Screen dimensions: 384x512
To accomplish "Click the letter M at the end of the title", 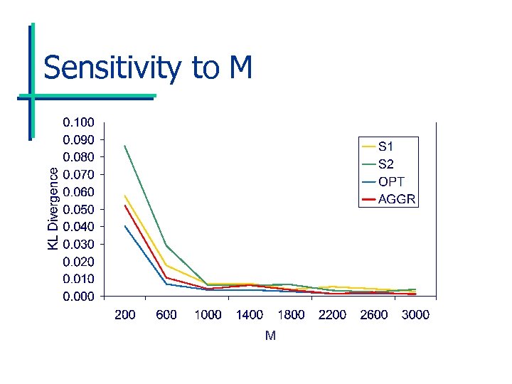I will click(240, 68).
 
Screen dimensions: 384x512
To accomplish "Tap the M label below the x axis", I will click(270, 336).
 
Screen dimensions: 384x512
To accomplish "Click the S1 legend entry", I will click(386, 146).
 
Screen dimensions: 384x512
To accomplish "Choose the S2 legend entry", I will click(386, 164).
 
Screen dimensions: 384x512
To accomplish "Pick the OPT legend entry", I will click(391, 181).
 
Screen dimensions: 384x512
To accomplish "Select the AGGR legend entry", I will click(396, 198).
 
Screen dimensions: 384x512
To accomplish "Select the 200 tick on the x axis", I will click(125, 315).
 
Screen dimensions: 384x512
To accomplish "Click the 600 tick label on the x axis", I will click(166, 315).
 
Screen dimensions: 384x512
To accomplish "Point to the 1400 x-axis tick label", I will click(250, 315).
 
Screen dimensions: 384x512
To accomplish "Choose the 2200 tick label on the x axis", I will click(332, 315).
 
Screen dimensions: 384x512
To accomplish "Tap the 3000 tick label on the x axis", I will click(415, 315).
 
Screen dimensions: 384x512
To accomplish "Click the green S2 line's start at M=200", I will click(125, 146).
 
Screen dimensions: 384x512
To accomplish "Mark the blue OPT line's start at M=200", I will click(125, 226).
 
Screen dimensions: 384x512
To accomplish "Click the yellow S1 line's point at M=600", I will click(166, 265).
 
